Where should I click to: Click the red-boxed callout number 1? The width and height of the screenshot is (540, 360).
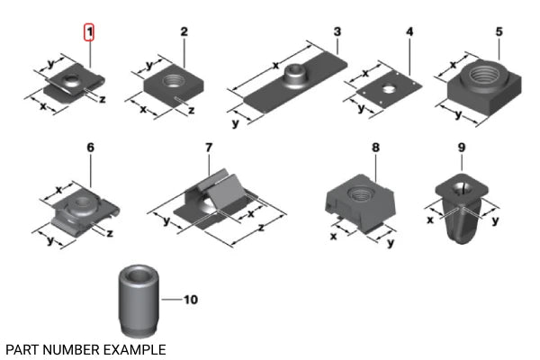pyautogui.click(x=89, y=33)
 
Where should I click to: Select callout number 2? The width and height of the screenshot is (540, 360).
pyautogui.click(x=184, y=32)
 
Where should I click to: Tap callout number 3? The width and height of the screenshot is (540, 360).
pyautogui.click(x=337, y=32)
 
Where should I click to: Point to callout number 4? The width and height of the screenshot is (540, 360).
pyautogui.click(x=409, y=32)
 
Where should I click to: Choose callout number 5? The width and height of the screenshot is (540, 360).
pyautogui.click(x=499, y=32)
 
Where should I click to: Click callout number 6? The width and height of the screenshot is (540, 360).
pyautogui.click(x=90, y=147)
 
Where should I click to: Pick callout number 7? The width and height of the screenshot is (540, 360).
pyautogui.click(x=208, y=147)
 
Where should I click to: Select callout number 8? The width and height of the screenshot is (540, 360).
pyautogui.click(x=375, y=147)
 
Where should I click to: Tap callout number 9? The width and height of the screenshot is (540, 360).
pyautogui.click(x=461, y=147)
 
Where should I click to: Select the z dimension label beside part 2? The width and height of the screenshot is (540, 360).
pyautogui.click(x=191, y=110)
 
